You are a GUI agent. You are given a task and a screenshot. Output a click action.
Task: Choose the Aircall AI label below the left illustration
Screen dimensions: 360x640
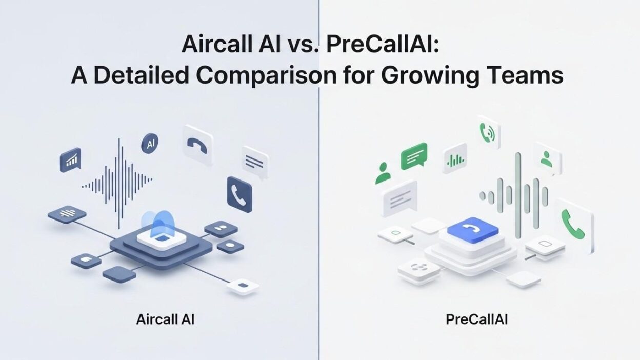pyautogui.click(x=165, y=319)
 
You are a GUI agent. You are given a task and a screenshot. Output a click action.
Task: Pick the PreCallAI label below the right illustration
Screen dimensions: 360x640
pyautogui.click(x=476, y=319)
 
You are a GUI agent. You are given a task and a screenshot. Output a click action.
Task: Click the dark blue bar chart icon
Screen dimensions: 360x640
pyautogui.click(x=70, y=160)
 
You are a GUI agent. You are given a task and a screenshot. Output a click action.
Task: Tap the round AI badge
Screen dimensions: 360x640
pyautogui.click(x=150, y=144)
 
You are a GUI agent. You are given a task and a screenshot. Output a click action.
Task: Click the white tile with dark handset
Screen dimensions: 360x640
pyautogui.click(x=197, y=145)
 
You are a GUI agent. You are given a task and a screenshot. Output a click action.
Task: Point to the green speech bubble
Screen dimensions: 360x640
pyautogui.click(x=413, y=155)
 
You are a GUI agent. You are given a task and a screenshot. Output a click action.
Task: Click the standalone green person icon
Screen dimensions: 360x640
pyautogui.click(x=383, y=173)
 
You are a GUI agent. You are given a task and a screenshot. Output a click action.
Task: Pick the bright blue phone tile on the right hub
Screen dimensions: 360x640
pyautogui.click(x=472, y=229)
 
